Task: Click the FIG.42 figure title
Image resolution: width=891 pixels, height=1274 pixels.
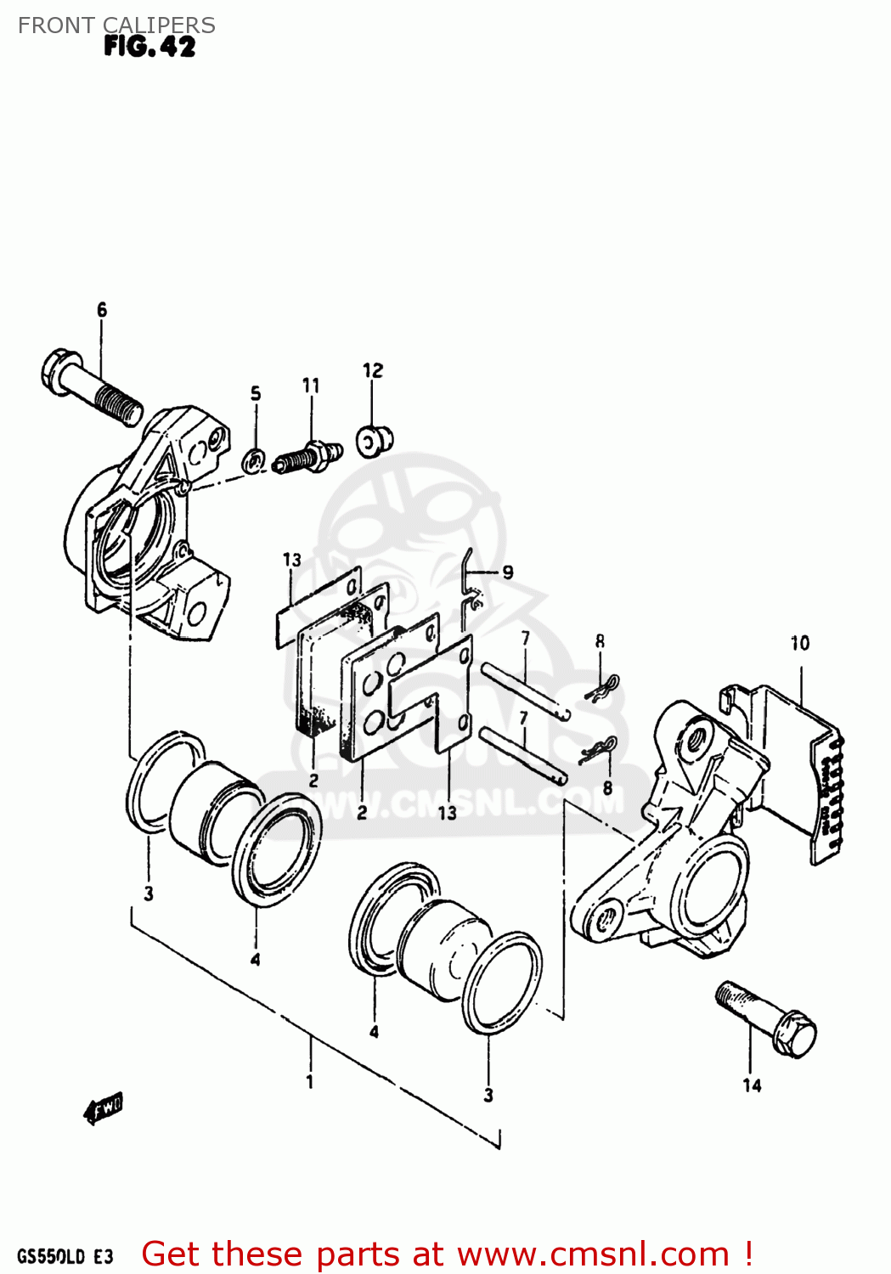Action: (149, 46)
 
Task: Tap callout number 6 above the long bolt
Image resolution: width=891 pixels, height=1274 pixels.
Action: (102, 310)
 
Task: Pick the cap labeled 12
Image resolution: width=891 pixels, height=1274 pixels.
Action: (374, 440)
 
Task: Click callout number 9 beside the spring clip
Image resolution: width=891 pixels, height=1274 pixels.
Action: (507, 572)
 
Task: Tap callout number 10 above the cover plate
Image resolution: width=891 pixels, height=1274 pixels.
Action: (800, 643)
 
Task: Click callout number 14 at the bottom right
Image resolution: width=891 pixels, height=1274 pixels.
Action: (752, 1085)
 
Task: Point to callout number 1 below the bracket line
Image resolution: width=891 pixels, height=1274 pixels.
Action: (310, 1081)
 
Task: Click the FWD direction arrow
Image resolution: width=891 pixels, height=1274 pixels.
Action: (104, 1108)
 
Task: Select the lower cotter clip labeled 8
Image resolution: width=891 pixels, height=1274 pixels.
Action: (598, 751)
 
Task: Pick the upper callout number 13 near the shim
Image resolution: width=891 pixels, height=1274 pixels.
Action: (291, 560)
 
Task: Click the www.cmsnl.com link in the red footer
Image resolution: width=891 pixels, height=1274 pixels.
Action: (592, 1254)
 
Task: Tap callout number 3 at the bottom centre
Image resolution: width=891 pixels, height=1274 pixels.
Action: (488, 1096)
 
